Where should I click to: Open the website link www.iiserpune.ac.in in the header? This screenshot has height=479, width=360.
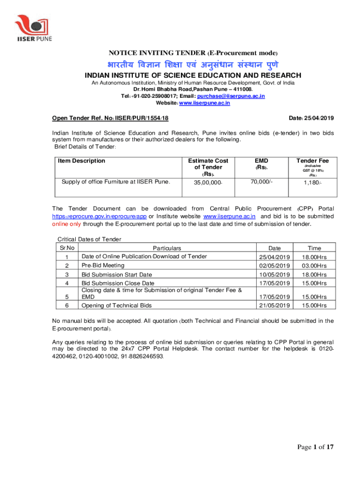click(205, 103)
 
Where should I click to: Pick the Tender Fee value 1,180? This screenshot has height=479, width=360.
click(312, 182)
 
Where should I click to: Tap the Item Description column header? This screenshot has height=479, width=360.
click(81, 161)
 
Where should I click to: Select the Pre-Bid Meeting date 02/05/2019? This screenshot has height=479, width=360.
click(274, 266)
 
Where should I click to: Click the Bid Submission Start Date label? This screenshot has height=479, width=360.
click(116, 275)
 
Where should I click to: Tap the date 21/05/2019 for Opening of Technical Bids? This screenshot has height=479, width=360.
click(274, 305)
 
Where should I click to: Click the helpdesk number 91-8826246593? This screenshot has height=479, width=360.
click(140, 356)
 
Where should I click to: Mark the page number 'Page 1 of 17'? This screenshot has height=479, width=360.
click(317, 448)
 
